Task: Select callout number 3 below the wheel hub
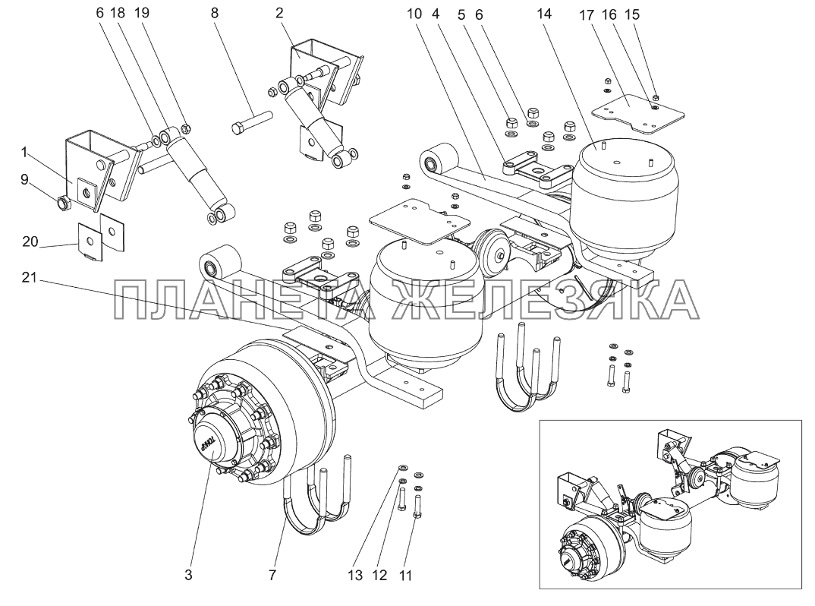tap(188, 575)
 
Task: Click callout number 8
tap(215, 13)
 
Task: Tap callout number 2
tap(280, 13)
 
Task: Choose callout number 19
tap(142, 13)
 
